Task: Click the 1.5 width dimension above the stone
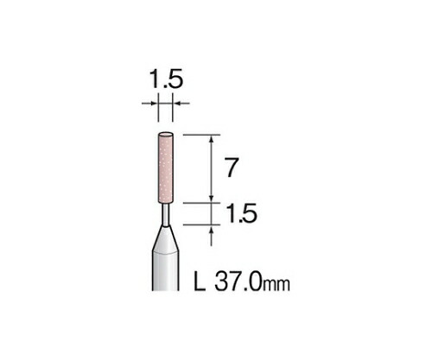pyautogui.click(x=166, y=79)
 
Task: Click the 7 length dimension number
pyautogui.click(x=232, y=167)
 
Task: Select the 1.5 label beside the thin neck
pyautogui.click(x=241, y=213)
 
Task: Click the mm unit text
pyautogui.click(x=276, y=284)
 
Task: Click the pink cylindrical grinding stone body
pyautogui.click(x=166, y=167)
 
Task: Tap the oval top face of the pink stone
pyautogui.click(x=166, y=135)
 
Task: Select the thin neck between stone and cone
pyautogui.click(x=166, y=215)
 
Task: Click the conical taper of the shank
pyautogui.click(x=165, y=239)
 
